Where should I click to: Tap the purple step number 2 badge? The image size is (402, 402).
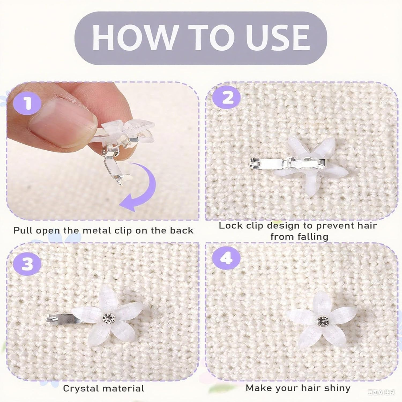pyautogui.click(x=228, y=98)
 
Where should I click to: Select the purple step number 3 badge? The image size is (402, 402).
pyautogui.click(x=28, y=264)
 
